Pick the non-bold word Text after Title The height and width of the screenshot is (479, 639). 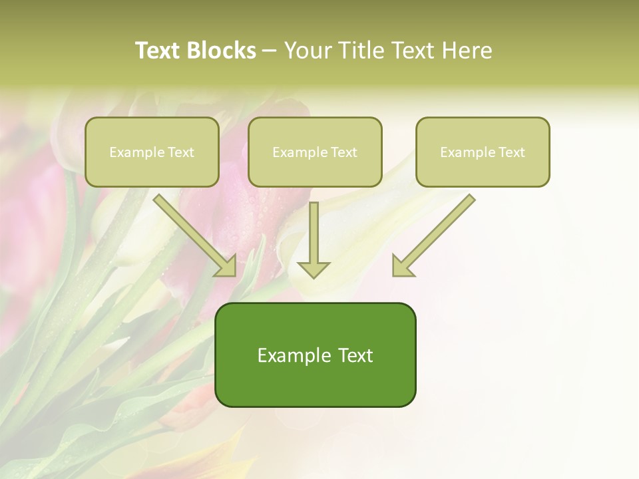click(415, 51)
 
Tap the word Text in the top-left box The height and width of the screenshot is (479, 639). click(180, 152)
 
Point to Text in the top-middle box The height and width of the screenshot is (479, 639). click(343, 152)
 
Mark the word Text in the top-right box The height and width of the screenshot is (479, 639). click(511, 152)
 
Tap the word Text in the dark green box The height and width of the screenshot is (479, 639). click(355, 355)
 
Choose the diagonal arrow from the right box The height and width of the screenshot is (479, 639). click(434, 235)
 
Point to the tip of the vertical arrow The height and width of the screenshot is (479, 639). click(314, 275)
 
